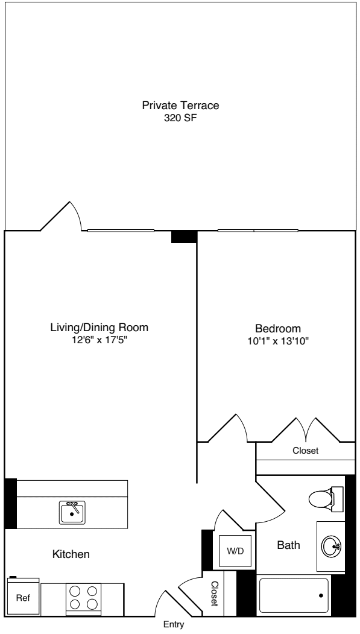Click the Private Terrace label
pos(180,106)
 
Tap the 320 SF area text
pos(180,118)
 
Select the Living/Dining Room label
pos(99,328)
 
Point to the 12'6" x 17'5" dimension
pos(99,340)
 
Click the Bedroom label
pos(278,329)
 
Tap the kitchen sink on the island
pos(72,512)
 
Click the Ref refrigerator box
pos(23,598)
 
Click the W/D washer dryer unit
pos(235,551)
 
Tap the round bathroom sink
pos(331,547)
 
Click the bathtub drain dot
pos(321,596)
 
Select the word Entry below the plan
pos(174,626)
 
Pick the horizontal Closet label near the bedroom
pos(305,451)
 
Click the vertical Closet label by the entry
pos(214,594)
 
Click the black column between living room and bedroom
pos(184,237)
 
